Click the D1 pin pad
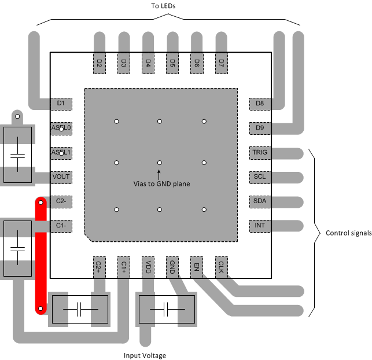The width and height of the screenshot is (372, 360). click(x=61, y=104)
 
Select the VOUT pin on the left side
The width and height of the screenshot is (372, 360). click(x=61, y=177)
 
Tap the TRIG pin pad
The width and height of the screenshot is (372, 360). click(x=259, y=153)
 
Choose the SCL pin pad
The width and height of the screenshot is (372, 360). click(x=259, y=177)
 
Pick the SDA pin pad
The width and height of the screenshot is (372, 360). click(x=259, y=201)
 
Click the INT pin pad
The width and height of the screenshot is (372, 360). click(x=259, y=225)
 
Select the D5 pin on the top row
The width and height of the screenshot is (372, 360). click(x=172, y=63)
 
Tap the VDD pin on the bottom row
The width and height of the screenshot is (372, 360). click(x=148, y=266)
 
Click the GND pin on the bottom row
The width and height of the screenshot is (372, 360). click(x=172, y=266)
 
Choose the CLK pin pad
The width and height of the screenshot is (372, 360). click(x=220, y=266)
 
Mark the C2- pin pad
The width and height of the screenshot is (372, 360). click(x=61, y=201)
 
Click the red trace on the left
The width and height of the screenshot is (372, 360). click(x=40, y=255)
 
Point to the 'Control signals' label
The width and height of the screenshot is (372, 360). click(x=349, y=233)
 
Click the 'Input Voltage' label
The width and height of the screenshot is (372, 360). click(x=145, y=355)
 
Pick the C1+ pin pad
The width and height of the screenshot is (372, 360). click(x=123, y=266)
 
